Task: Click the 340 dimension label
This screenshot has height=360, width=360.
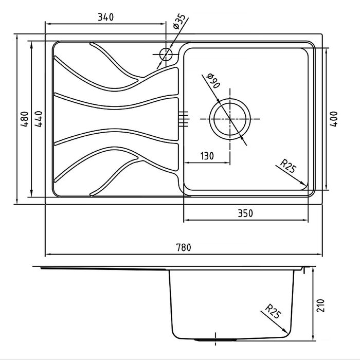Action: click(105, 17)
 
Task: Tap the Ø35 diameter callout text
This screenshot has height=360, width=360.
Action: click(179, 22)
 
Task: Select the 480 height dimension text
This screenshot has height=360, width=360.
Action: click(25, 119)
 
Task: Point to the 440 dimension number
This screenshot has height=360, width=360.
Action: click(39, 119)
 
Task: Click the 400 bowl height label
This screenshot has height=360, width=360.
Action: click(334, 119)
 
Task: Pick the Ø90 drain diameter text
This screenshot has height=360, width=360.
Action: click(213, 81)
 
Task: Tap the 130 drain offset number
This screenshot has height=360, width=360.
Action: click(207, 156)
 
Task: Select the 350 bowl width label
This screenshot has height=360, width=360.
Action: click(245, 213)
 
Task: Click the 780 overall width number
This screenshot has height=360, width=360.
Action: click(184, 247)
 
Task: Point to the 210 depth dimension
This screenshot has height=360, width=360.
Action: click(321, 305)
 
